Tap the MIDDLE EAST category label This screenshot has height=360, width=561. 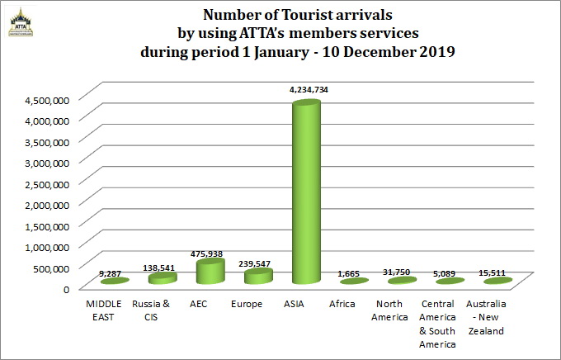click(103, 310)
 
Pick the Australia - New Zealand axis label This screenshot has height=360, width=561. click(492, 317)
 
